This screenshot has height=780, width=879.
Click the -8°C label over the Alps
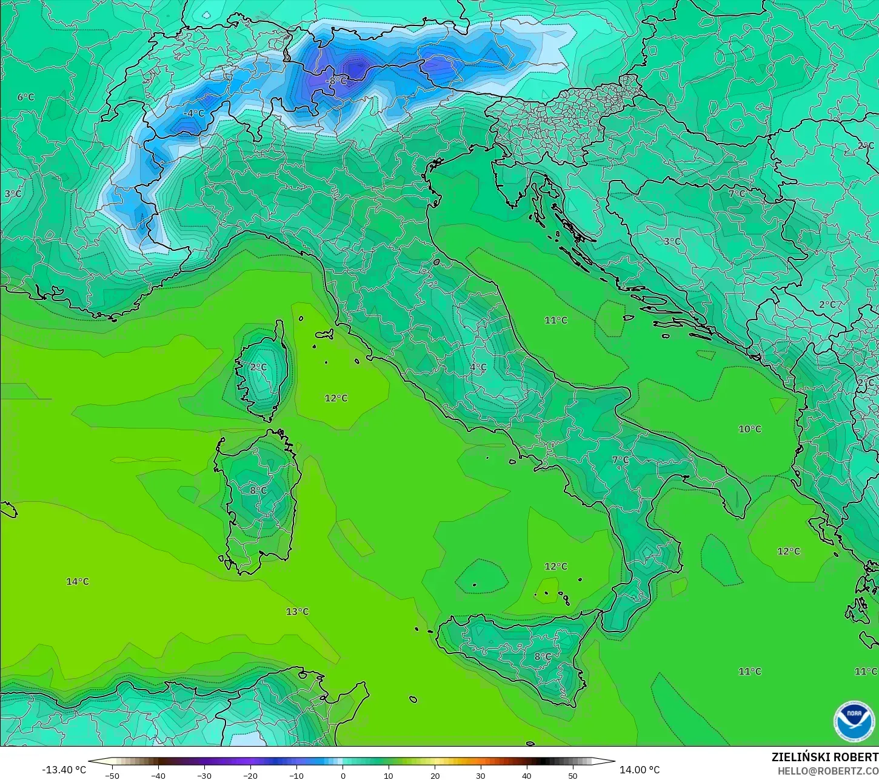336,81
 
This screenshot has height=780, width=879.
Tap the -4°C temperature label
193,113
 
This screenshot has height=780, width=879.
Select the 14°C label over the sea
78,581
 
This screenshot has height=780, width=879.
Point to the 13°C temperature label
297,612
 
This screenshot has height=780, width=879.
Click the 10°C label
749,429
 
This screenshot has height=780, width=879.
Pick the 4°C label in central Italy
478,367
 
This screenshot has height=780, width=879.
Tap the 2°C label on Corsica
258,367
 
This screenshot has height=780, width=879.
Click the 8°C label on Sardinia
258,490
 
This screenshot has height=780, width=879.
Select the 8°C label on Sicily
543,656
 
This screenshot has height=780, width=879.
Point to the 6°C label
25,97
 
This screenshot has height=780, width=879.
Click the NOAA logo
854,721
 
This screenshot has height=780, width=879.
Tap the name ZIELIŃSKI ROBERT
824,758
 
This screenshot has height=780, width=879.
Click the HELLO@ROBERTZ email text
828,770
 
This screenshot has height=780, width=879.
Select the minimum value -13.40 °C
64,770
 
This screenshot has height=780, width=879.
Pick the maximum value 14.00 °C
640,770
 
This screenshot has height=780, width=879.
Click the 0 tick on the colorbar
343,775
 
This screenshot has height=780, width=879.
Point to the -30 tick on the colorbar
204,775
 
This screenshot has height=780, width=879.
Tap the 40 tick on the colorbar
527,775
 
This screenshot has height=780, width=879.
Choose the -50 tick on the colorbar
112,775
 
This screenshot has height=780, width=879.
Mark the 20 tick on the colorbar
435,775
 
